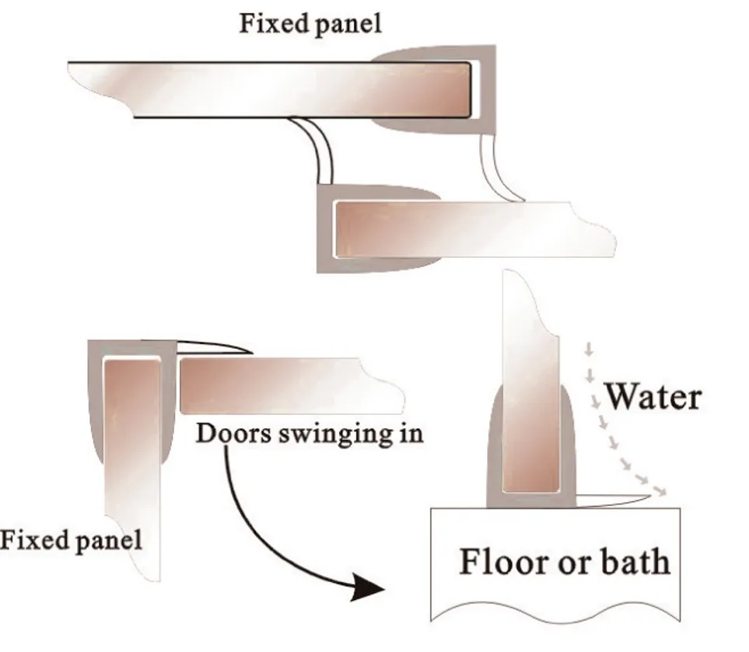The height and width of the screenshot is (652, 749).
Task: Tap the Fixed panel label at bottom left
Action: click(x=71, y=539)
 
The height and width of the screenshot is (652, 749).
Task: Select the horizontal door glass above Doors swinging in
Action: click(x=288, y=385)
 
